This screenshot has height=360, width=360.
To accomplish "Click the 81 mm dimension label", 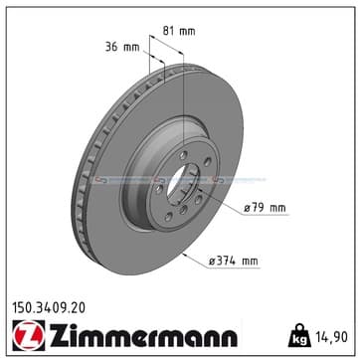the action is point(179,31).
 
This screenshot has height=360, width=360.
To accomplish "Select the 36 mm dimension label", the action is point(122,47).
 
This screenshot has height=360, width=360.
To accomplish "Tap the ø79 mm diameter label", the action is point(265,208).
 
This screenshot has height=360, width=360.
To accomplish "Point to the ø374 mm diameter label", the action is point(233,262).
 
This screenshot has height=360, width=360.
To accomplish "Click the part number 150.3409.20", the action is point(49,308).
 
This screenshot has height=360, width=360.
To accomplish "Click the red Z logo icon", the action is point(29,335).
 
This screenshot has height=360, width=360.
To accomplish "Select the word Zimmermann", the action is point(143,335).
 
